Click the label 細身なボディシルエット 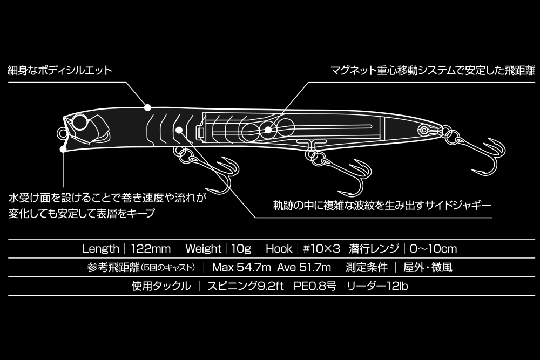60,70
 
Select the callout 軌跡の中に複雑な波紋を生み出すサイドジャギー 382,206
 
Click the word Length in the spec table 100,249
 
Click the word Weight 203,249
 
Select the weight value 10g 241,249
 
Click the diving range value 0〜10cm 433,249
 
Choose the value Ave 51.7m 300,267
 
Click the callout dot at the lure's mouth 64,146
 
